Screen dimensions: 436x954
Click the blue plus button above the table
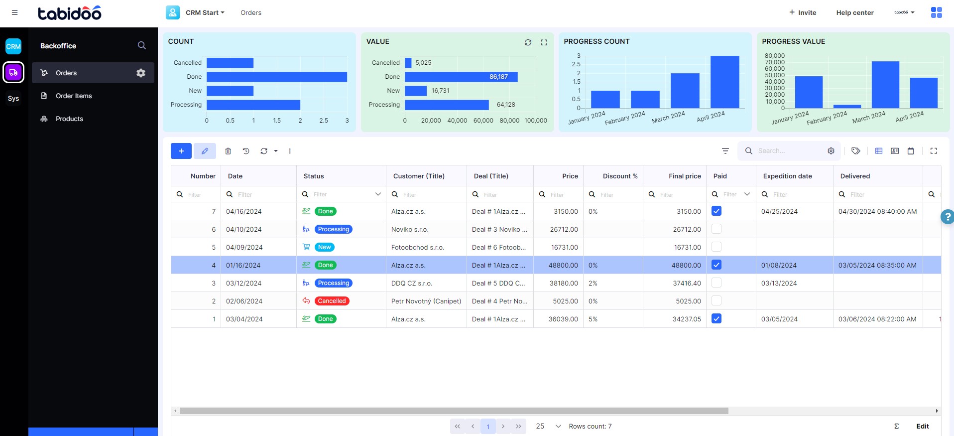pos(181,151)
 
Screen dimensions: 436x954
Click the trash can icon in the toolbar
pos(228,151)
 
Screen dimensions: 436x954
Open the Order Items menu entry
pos(74,96)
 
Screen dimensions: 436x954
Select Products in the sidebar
pos(69,119)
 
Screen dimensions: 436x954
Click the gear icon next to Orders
pos(141,73)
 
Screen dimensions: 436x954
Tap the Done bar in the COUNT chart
pos(276,77)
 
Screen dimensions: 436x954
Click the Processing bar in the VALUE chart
pos(447,105)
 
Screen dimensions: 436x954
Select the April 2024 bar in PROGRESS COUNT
pos(724,82)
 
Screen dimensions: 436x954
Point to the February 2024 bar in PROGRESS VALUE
pos(847,106)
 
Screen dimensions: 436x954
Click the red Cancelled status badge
pos(332,301)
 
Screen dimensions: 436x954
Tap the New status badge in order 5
pos(324,247)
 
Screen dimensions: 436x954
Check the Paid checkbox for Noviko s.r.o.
pos(716,229)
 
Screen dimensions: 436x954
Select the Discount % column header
pos(620,176)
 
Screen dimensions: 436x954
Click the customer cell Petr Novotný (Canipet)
pos(426,301)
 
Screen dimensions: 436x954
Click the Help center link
pos(854,12)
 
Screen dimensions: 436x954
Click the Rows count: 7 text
pos(590,426)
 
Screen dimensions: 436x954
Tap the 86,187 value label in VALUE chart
pos(498,77)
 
